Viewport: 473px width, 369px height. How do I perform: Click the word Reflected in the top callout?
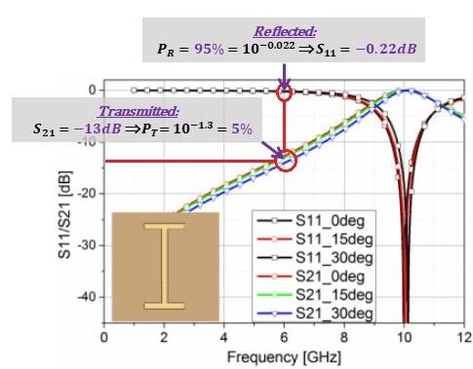tap(285, 31)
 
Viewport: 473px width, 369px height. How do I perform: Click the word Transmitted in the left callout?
tap(138, 111)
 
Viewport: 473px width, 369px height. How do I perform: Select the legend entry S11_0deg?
tap(311, 221)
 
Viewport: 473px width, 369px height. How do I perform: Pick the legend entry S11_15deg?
tap(315, 240)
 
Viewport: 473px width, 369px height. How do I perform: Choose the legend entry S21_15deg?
tap(315, 295)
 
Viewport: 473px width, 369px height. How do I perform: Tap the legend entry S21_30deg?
tap(315, 314)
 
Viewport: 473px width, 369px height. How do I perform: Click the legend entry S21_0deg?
tap(311, 277)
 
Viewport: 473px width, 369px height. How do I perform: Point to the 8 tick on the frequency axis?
tap(344, 338)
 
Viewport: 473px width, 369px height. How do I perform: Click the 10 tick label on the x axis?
tap(404, 338)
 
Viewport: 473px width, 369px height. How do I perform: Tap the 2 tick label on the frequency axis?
tap(164, 338)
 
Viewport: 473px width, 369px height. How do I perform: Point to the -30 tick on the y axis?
tap(87, 245)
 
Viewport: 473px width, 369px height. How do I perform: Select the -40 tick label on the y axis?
tap(87, 297)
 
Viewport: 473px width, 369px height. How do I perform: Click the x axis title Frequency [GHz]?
tap(285, 357)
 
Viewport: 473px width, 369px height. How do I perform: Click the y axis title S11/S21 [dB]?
tap(64, 215)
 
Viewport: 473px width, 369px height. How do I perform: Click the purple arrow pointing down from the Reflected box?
tap(285, 77)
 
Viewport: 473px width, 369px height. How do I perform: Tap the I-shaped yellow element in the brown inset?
tap(165, 266)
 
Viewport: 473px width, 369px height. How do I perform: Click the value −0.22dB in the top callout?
tap(386, 49)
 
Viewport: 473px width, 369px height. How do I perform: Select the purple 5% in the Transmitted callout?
tap(242, 129)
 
